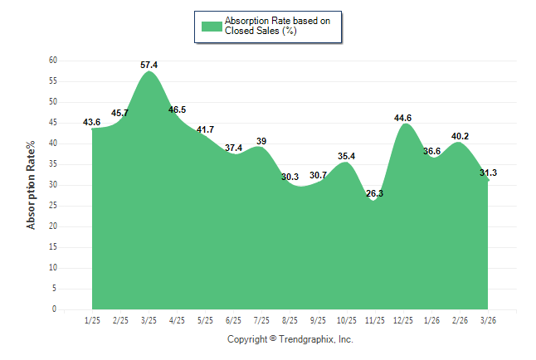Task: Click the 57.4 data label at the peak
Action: [x=149, y=64]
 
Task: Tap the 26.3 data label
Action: [x=374, y=193]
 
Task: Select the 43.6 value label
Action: [x=92, y=122]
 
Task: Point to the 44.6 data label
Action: [x=403, y=118]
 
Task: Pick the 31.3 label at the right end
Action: [x=488, y=173]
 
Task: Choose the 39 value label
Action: [x=261, y=141]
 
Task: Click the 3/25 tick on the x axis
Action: [x=149, y=319]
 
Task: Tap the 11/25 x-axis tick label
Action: [x=375, y=319]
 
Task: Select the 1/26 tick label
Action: [x=431, y=319]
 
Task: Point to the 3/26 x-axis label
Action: [x=488, y=319]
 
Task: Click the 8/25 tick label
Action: [x=290, y=319]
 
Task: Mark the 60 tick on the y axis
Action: [x=52, y=61]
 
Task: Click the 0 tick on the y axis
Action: [x=54, y=309]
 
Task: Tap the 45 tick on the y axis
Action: [x=52, y=123]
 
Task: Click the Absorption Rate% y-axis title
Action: [x=32, y=185]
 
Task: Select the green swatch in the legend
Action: [x=212, y=26]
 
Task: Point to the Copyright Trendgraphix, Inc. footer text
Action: [x=290, y=339]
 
